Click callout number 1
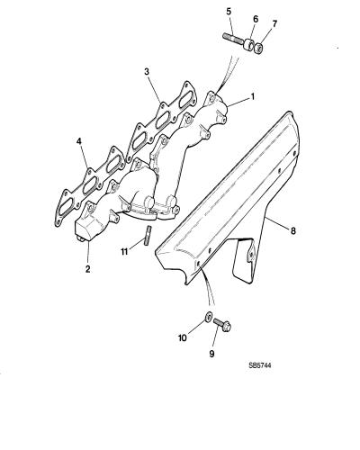click(253, 96)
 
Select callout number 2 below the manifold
click(87, 269)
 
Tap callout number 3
click(147, 72)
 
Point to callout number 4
click(79, 141)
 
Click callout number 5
click(229, 12)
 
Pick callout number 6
click(256, 19)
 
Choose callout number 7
click(274, 23)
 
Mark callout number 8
click(292, 230)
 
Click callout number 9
click(211, 354)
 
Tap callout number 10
click(183, 338)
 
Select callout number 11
click(125, 251)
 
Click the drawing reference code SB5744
click(260, 365)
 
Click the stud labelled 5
click(234, 40)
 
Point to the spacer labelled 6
click(248, 45)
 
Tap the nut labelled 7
click(258, 49)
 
